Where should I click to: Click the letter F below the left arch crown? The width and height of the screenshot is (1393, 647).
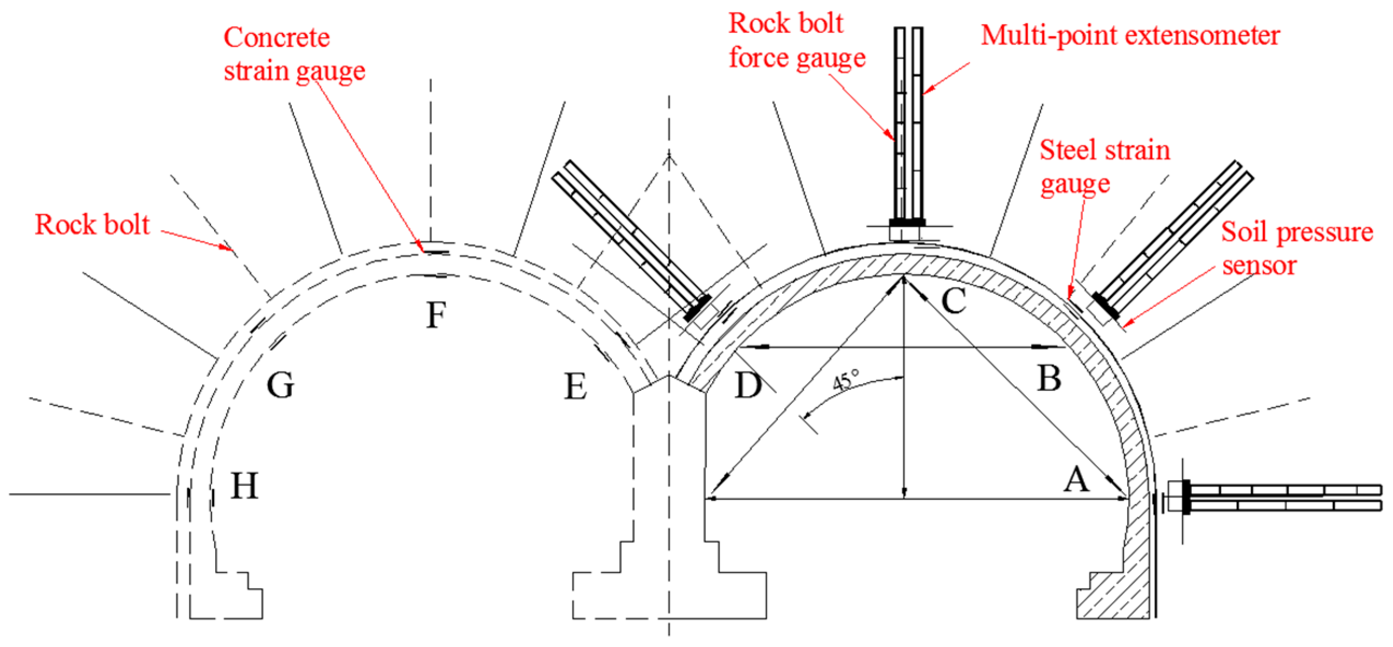coord(436,315)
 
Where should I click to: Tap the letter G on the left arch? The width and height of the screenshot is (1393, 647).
coord(280,385)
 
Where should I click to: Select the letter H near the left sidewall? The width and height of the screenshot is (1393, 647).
coord(244,486)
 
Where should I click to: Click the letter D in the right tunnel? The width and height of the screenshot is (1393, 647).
coord(748,385)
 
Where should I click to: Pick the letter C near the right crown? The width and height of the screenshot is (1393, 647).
coord(953,300)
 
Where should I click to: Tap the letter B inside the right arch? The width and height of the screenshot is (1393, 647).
coord(1049,378)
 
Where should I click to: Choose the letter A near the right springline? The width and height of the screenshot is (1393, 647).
coord(1076,480)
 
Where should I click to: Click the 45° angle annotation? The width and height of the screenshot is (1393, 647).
coord(846,380)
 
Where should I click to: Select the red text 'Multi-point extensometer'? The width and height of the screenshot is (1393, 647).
coord(1130,36)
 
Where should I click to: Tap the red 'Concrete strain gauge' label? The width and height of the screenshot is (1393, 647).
coord(293,55)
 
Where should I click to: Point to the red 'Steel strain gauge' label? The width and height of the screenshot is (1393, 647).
coord(1103,166)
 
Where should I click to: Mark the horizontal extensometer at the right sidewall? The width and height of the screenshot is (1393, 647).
coord(1278,497)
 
